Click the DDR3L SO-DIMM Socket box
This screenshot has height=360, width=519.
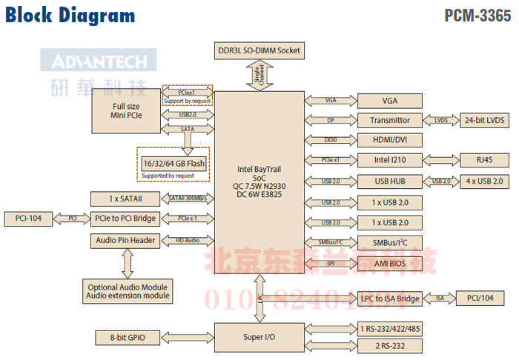pyautogui.click(x=259, y=50)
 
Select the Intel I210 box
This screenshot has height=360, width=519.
pyautogui.click(x=389, y=160)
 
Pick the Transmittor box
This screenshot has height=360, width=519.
pyautogui.click(x=389, y=120)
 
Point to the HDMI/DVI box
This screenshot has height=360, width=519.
pyautogui.click(x=389, y=140)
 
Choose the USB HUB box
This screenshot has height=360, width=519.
pyautogui.click(x=389, y=181)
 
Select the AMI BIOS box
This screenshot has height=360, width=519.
pyautogui.click(x=389, y=263)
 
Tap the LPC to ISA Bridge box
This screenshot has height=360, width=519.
pyautogui.click(x=389, y=299)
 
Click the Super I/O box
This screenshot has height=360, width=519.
pyautogui.click(x=259, y=337)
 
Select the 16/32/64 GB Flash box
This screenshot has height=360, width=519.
pyautogui.click(x=173, y=163)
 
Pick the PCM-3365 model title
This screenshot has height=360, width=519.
pyautogui.click(x=477, y=16)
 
